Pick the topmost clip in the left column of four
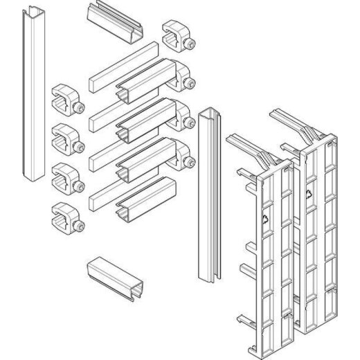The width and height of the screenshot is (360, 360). pos(66,100)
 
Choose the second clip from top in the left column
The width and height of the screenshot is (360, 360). pos(66,138)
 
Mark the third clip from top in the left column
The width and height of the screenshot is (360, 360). pos(66,176)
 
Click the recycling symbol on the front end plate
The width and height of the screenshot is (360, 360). pos(265,220)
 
